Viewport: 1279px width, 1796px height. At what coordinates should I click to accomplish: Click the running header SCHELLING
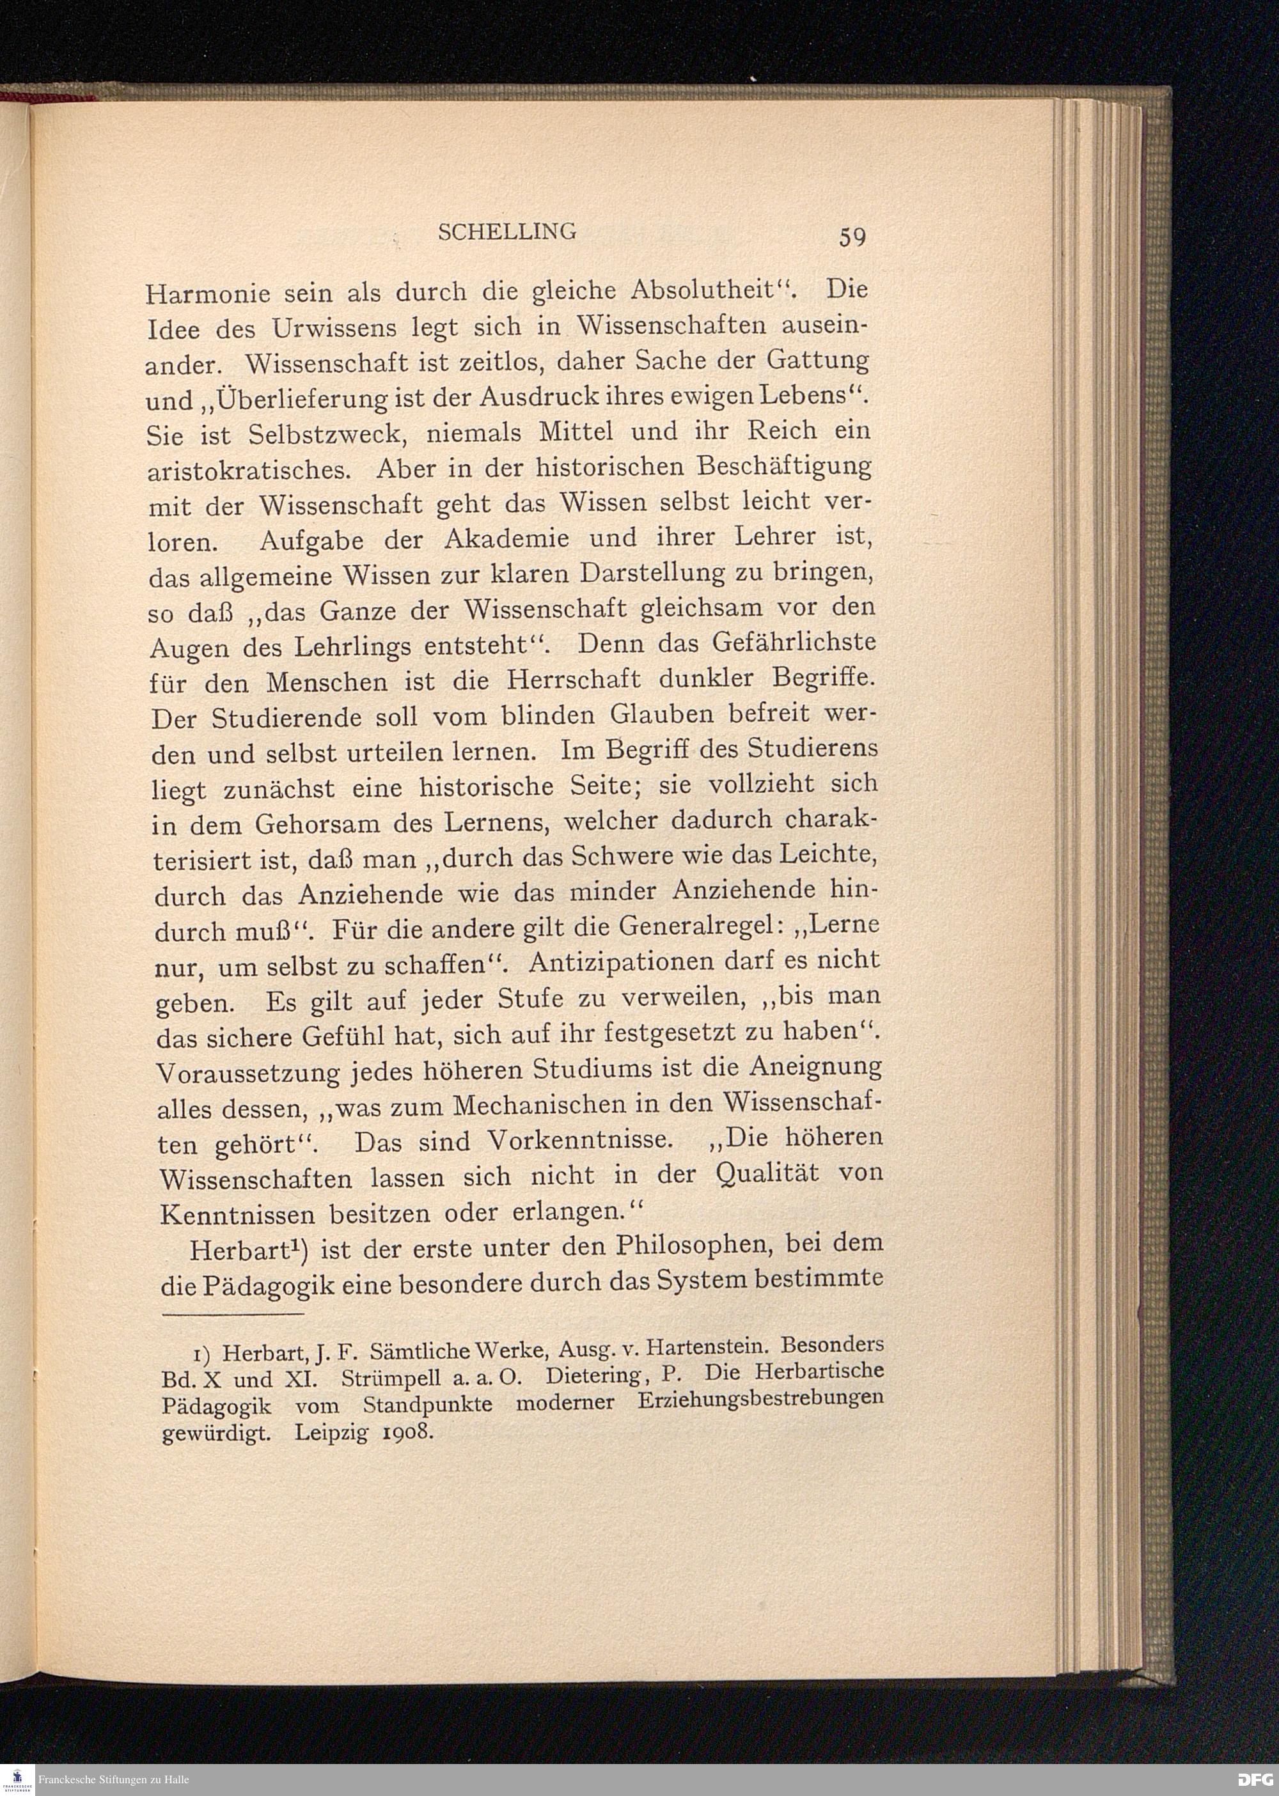(506, 231)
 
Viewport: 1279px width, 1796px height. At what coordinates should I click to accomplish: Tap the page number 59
(852, 236)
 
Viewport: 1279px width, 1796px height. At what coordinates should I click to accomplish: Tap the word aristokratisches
(246, 470)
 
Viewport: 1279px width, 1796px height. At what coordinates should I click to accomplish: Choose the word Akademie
(505, 540)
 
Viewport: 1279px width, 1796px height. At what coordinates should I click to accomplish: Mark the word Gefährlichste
(793, 643)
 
